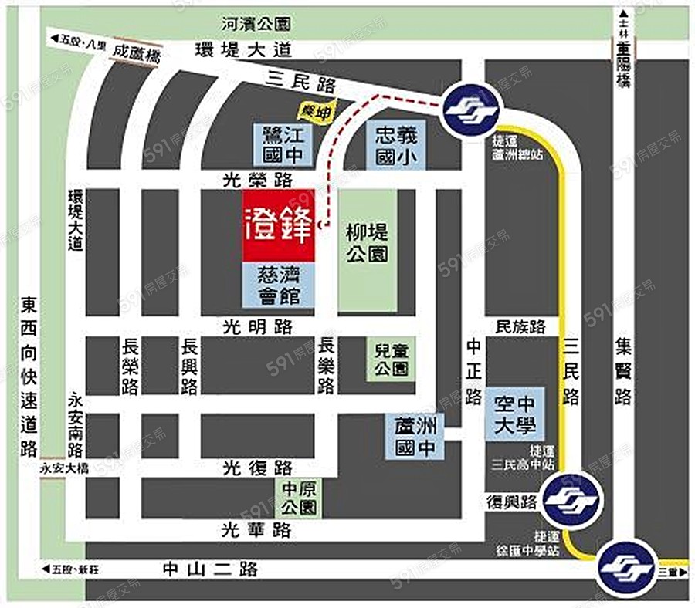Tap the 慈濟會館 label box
coord(279,285)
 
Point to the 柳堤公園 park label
coord(368,242)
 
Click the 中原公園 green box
coord(297,498)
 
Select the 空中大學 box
coord(515,414)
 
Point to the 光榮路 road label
coord(267,180)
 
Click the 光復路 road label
coord(257,468)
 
